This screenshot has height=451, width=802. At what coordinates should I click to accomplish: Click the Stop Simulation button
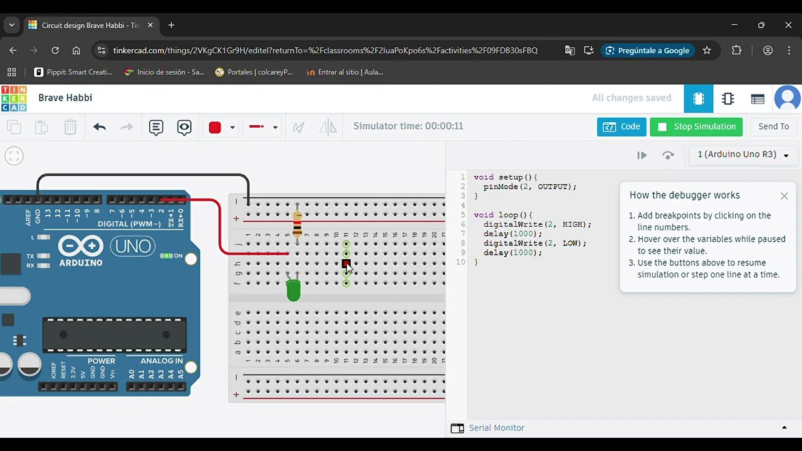coord(696,127)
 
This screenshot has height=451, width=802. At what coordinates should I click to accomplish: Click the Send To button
coord(773,127)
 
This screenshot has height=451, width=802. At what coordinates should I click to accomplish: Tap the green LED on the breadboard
coord(293,290)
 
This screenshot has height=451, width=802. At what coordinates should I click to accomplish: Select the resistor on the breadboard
coord(297,223)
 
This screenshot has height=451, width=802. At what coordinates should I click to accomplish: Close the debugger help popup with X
coord(784,196)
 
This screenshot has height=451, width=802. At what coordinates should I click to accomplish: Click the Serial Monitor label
coord(496,428)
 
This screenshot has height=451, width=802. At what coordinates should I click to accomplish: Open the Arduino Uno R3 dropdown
coord(743,155)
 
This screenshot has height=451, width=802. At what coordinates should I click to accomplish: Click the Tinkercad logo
coord(14,98)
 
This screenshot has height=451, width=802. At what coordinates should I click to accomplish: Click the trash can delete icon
coord(70,127)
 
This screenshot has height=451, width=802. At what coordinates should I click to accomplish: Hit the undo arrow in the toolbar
coord(99,127)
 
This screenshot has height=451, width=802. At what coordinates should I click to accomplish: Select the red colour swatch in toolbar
coord(215,127)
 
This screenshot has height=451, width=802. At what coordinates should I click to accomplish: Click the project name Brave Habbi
coord(65,98)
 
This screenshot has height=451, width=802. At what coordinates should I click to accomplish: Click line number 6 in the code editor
coord(462,224)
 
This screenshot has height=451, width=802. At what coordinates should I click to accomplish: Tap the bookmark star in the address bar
coord(707,50)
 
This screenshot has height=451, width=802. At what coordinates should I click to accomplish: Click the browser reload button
coord(55,50)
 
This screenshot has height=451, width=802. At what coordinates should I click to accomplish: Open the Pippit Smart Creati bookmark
coord(73,72)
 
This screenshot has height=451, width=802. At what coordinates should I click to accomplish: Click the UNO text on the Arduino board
coord(133,246)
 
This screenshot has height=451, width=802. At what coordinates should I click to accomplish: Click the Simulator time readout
coord(408,126)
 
